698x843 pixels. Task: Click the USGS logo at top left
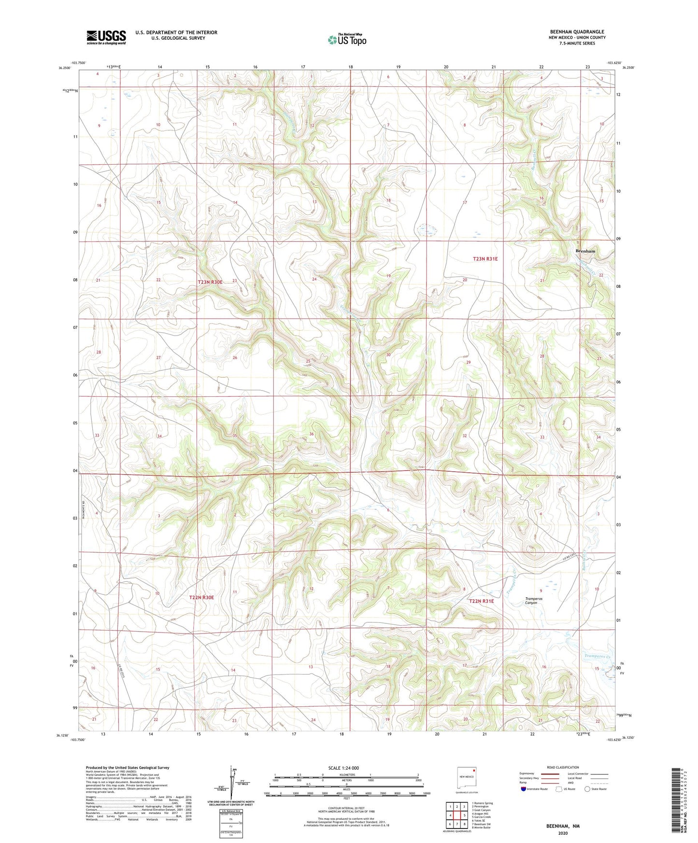coord(106,37)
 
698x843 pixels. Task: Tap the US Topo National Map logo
coord(347,39)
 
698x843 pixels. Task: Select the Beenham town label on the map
coord(585,252)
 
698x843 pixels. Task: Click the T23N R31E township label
coord(485,259)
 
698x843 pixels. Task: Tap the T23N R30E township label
coord(210,282)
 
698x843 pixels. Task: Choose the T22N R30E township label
coord(201,597)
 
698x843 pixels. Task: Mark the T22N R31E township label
coord(482,601)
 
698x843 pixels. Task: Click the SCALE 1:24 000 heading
coord(343,768)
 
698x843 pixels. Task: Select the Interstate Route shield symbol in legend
coord(524,789)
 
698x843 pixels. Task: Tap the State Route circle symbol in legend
coord(587,789)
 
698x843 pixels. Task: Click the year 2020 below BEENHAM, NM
coord(563,833)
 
